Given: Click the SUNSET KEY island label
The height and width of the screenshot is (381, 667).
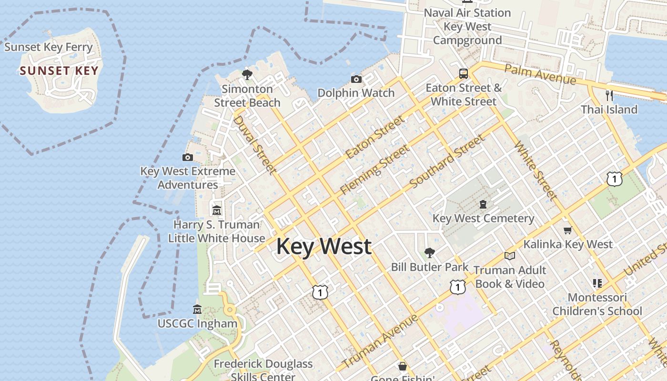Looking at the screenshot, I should (59, 71).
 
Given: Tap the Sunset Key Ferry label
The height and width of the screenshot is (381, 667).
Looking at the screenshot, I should (48, 47).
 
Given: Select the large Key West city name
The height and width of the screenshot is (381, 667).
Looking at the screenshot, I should (324, 246).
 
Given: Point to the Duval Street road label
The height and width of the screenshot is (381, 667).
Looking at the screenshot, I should (254, 144).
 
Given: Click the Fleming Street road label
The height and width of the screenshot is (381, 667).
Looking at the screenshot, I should (375, 170).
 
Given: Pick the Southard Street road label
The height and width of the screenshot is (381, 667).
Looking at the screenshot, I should (447, 161).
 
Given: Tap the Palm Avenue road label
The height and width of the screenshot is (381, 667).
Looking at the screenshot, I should (540, 74).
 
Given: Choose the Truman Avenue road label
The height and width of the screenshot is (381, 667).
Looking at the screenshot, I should (380, 341).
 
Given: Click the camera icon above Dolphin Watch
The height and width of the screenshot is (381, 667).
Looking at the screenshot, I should (356, 79).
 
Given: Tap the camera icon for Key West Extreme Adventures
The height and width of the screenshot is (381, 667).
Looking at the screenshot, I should (188, 157).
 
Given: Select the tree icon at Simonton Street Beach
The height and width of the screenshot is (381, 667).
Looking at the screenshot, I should (247, 74).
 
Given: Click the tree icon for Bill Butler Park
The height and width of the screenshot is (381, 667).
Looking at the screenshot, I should (430, 252).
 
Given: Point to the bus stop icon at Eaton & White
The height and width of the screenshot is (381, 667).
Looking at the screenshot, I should (464, 74).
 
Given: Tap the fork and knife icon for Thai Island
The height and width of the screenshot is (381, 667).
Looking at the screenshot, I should (609, 95).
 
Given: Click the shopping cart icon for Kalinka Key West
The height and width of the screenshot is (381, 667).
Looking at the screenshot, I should (567, 231).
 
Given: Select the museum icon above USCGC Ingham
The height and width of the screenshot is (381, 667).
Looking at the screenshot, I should (197, 310).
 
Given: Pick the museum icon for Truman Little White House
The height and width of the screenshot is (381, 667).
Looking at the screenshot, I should (217, 210).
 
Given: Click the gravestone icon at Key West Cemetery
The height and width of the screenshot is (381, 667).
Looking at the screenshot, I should (483, 204).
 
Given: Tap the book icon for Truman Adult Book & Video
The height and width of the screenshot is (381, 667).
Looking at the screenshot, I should (510, 256).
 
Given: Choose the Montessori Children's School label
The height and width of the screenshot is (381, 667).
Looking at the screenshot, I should (597, 304).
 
